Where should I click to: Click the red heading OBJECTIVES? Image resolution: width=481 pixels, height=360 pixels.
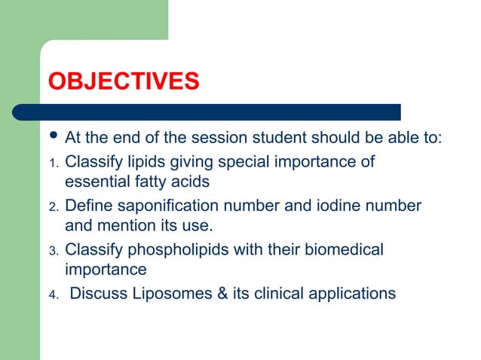[123, 81]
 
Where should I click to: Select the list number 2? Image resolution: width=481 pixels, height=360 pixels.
[53, 207]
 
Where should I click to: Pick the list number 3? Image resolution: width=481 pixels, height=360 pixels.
[53, 251]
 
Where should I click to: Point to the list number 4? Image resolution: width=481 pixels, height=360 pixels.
[53, 294]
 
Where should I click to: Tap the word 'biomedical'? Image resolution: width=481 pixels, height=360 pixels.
[344, 249]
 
